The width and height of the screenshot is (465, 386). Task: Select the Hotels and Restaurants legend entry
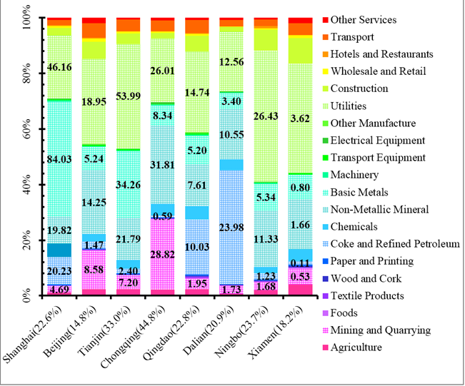pyautogui.click(x=382, y=54)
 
